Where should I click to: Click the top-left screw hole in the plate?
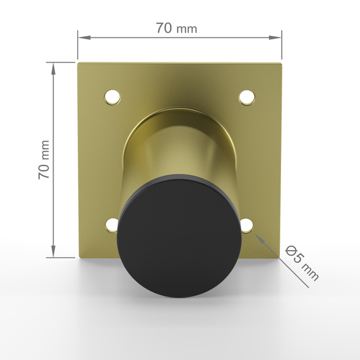[112, 97]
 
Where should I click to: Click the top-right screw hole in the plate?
[247, 97]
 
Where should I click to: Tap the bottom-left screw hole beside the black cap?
[112, 225]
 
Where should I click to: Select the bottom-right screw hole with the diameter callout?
[247, 225]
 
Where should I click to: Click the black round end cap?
[179, 236]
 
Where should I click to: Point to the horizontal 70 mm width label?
[177, 28]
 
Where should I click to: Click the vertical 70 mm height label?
[44, 160]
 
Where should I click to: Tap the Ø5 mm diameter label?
[302, 263]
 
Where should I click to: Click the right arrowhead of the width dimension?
[275, 37]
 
